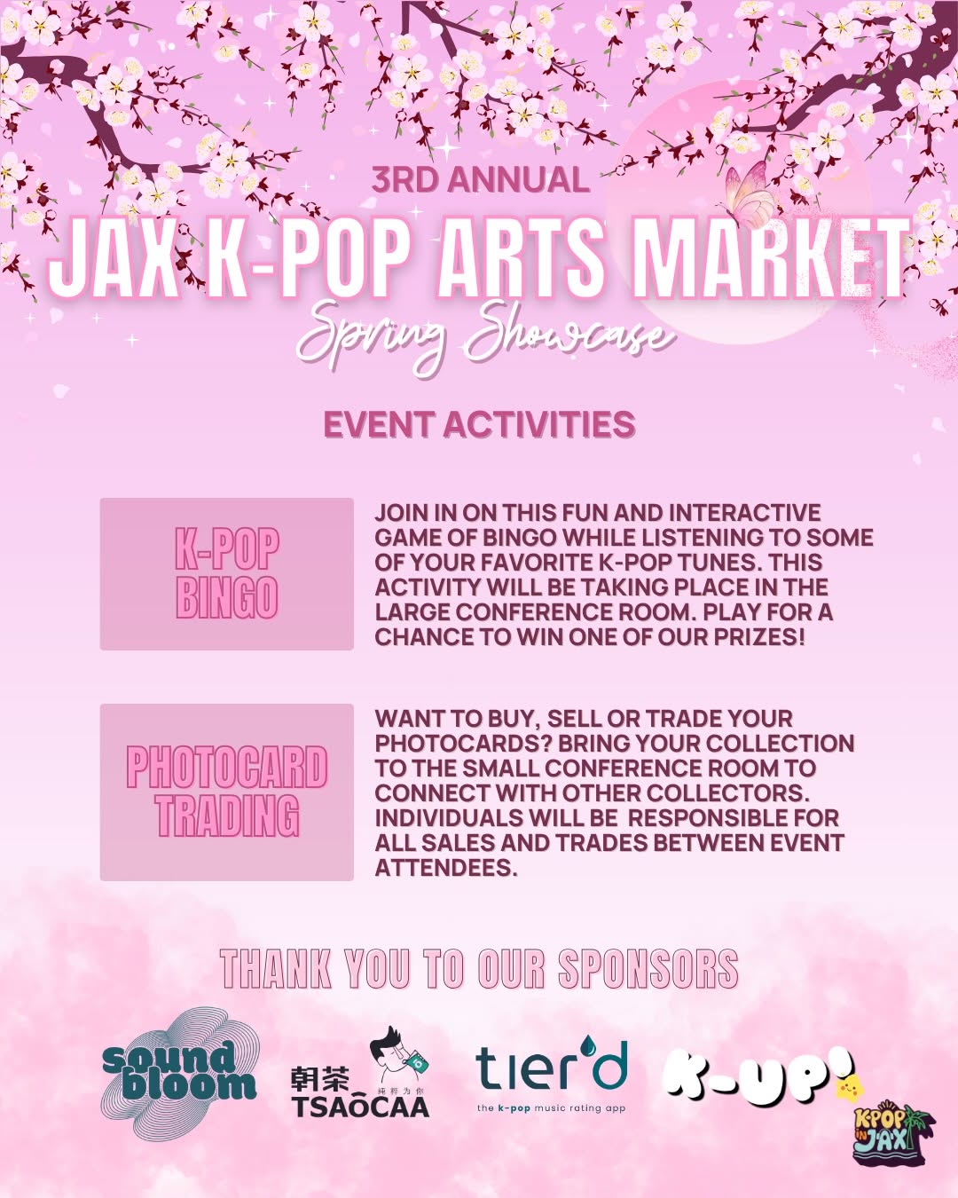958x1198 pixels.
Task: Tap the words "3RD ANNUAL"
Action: pyautogui.click(x=480, y=180)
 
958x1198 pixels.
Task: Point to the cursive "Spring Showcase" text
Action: pyautogui.click(x=483, y=335)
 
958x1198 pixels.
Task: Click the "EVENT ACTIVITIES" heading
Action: pyautogui.click(x=479, y=424)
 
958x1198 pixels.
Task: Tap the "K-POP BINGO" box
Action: pyautogui.click(x=226, y=573)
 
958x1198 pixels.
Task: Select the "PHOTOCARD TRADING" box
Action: pyautogui.click(x=226, y=792)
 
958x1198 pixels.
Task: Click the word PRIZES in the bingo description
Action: pyautogui.click(x=758, y=637)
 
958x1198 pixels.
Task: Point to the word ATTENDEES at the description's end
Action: pyautogui.click(x=445, y=868)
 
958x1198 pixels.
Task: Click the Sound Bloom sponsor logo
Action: pyautogui.click(x=180, y=1073)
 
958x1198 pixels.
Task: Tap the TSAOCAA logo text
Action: pyautogui.click(x=360, y=1107)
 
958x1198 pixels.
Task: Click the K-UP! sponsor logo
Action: pyautogui.click(x=758, y=1077)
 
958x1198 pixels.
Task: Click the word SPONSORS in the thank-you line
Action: pyautogui.click(x=648, y=968)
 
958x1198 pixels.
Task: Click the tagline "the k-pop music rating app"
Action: pyautogui.click(x=551, y=1108)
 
